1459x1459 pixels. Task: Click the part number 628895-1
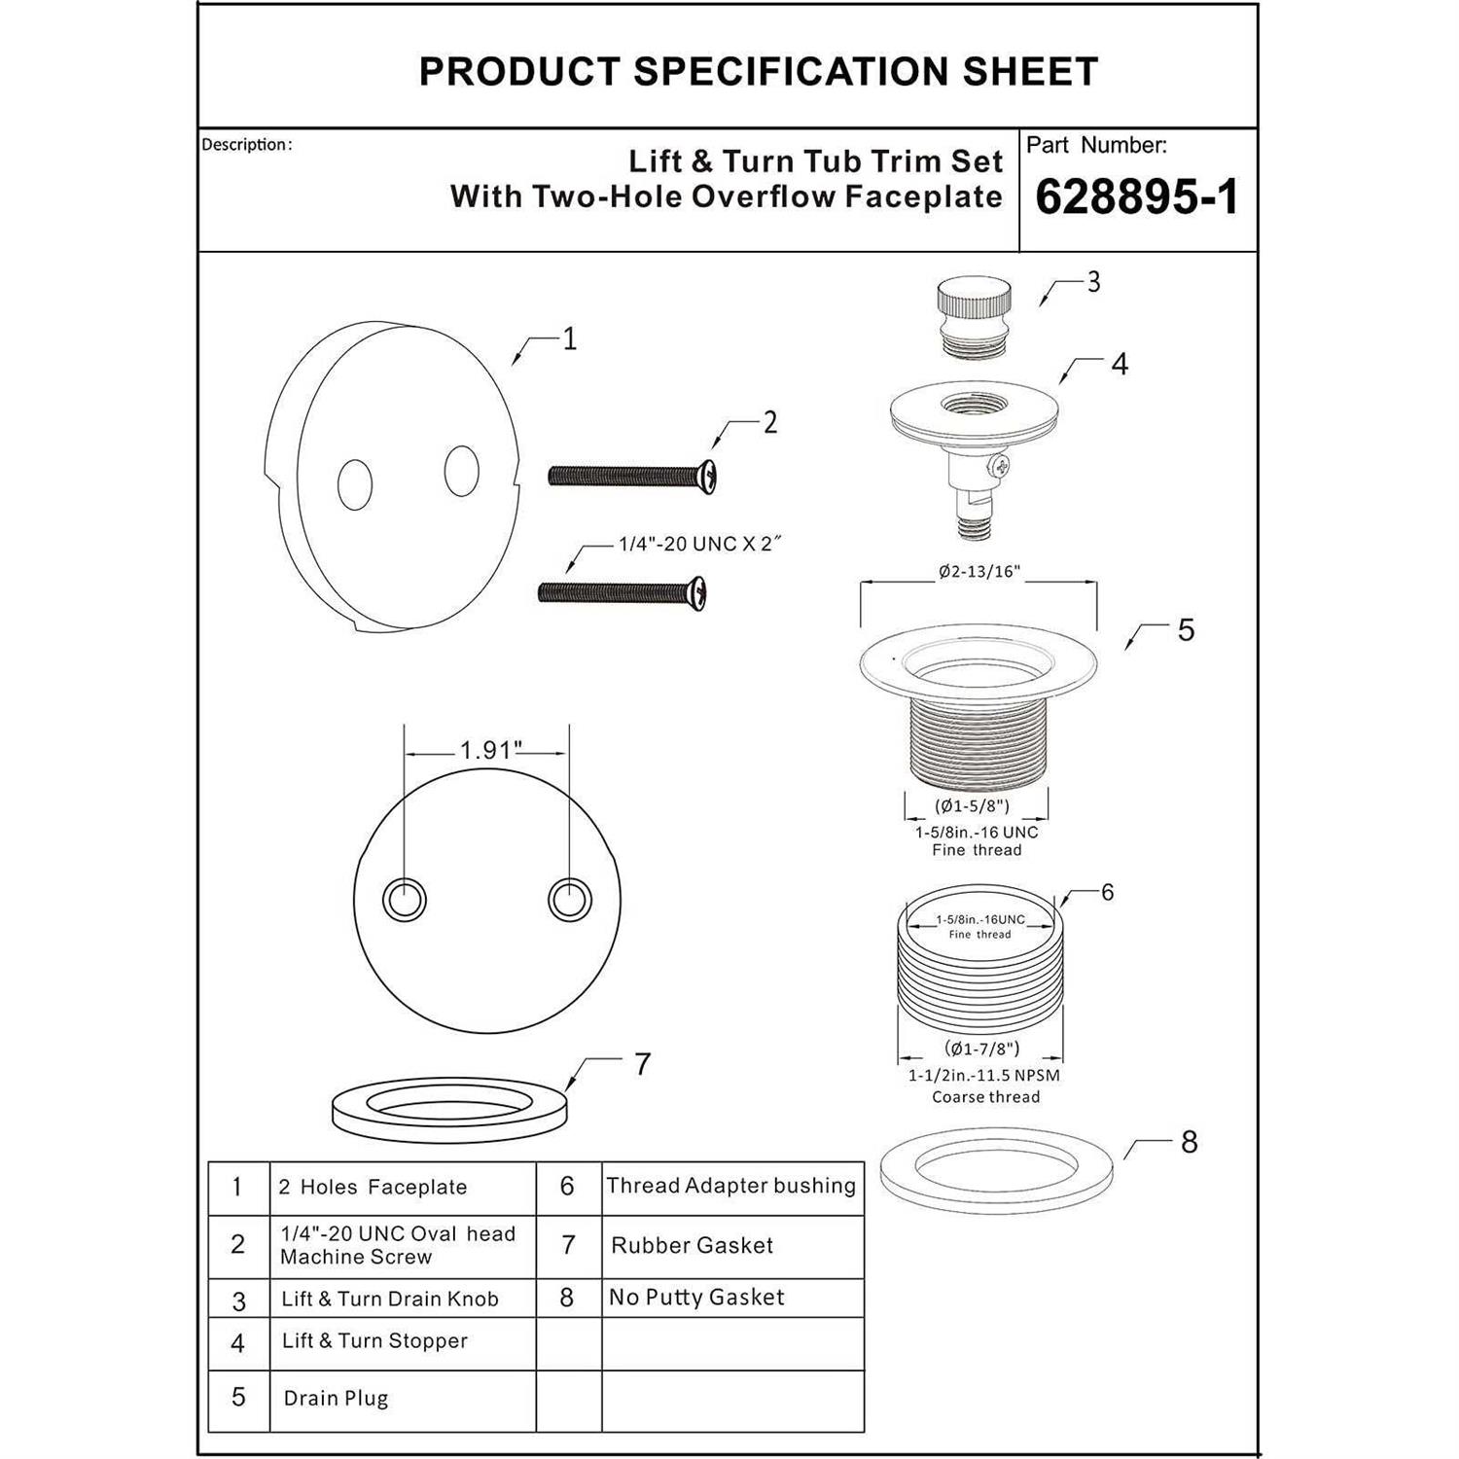click(x=1137, y=197)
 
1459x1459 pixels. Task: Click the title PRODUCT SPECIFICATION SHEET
click(x=759, y=72)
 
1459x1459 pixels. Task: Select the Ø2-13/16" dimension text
click(x=979, y=572)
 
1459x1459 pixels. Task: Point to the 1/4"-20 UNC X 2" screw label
click(x=700, y=545)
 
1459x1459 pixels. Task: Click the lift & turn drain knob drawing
click(x=974, y=306)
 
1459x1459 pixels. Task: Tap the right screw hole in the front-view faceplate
click(x=569, y=900)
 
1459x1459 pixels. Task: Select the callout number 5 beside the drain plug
click(x=1186, y=630)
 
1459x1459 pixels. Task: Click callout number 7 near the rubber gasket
click(x=642, y=1065)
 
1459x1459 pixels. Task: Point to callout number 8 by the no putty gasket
click(x=1189, y=1142)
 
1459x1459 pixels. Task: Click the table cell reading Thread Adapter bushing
click(x=731, y=1186)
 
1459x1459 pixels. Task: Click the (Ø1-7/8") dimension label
click(x=981, y=1049)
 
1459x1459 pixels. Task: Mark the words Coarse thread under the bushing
click(x=985, y=1097)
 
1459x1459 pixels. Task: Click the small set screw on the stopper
click(x=1000, y=468)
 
